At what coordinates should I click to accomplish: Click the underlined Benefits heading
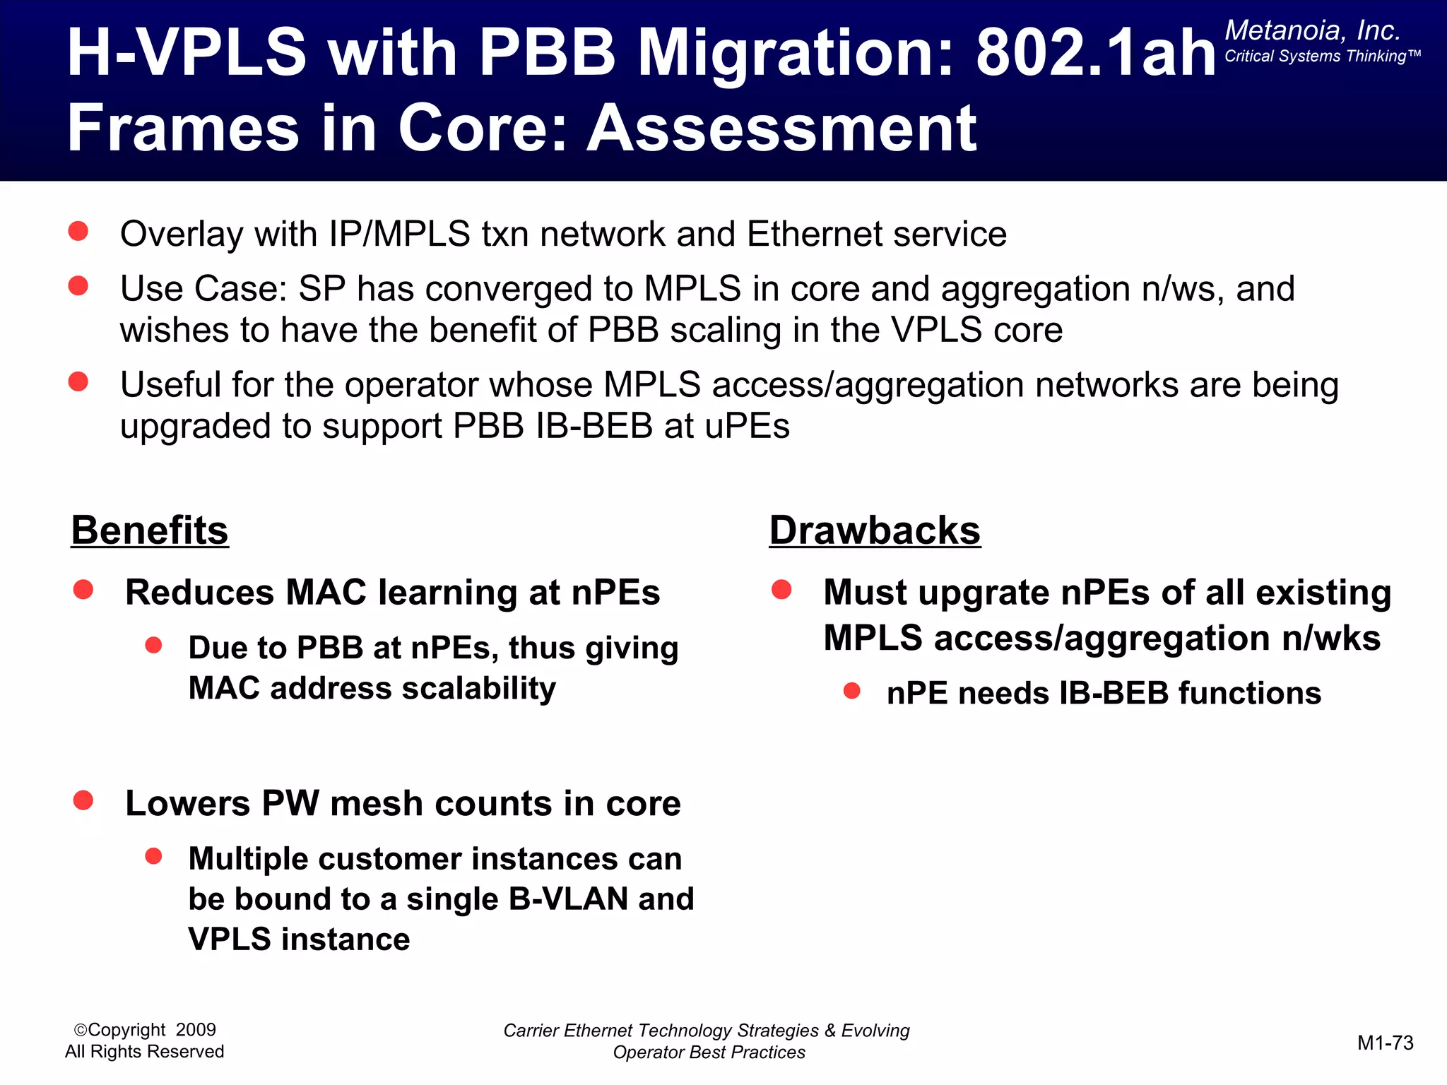click(150, 530)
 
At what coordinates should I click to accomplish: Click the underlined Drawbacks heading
click(875, 530)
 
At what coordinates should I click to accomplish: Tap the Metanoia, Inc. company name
click(1312, 30)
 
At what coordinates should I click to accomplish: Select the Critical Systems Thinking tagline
click(1321, 57)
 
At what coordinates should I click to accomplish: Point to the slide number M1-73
click(1385, 1043)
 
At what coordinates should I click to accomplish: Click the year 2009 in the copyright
click(196, 1030)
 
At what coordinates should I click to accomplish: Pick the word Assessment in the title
click(782, 129)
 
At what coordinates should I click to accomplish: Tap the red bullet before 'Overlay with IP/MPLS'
click(78, 231)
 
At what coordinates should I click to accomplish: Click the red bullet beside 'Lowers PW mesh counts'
click(83, 800)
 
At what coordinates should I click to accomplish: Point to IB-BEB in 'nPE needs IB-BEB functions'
click(1114, 694)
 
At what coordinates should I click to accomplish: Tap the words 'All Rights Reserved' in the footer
click(144, 1052)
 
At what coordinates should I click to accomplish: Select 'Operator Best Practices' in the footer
click(709, 1053)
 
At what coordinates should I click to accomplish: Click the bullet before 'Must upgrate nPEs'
click(781, 589)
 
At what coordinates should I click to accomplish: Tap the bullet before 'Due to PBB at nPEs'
click(154, 645)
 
